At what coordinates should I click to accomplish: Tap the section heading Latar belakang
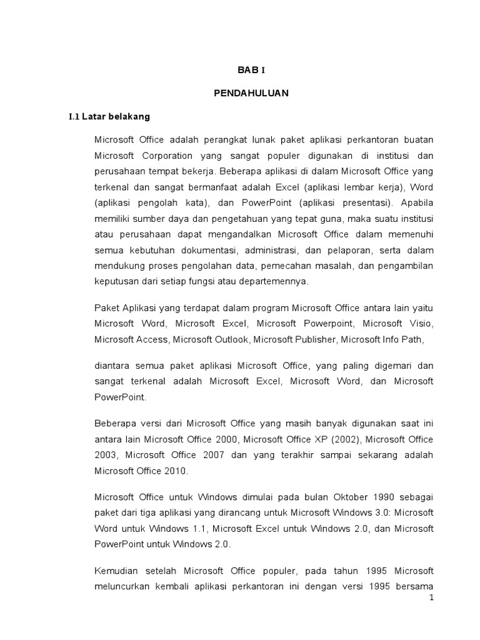(x=109, y=116)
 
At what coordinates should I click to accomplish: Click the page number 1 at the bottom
(x=431, y=598)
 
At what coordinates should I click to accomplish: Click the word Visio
(x=421, y=323)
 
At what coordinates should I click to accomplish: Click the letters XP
(x=327, y=439)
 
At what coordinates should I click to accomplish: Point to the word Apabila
(x=415, y=202)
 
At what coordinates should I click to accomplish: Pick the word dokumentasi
(x=195, y=250)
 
